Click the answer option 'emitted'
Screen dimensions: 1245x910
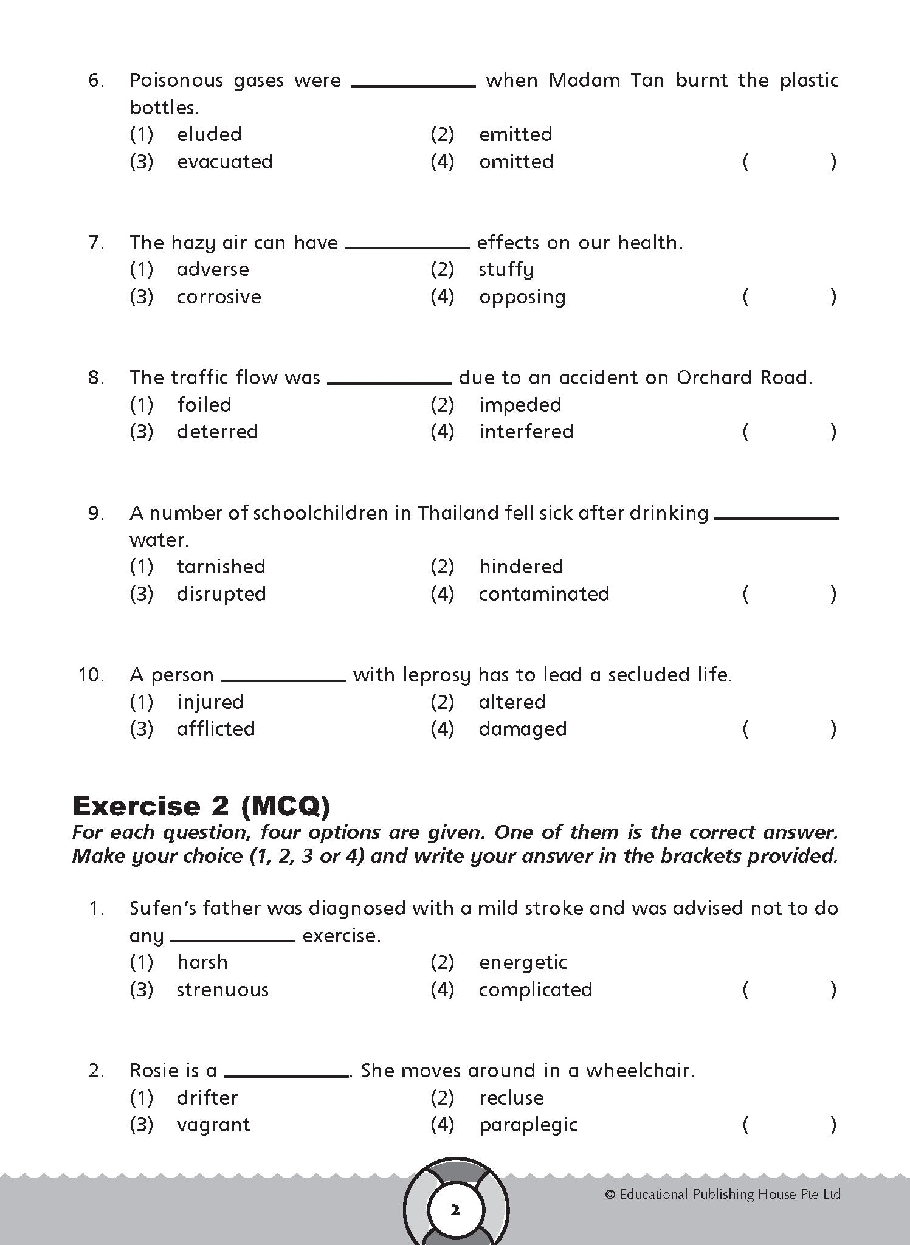click(x=515, y=134)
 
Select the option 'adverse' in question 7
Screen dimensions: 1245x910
click(x=213, y=269)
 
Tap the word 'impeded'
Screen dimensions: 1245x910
click(x=520, y=405)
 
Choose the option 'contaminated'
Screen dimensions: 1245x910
click(x=543, y=594)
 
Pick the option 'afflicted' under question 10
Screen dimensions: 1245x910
click(x=216, y=729)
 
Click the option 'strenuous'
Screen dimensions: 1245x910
click(x=222, y=990)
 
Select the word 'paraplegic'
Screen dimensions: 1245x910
click(x=528, y=1125)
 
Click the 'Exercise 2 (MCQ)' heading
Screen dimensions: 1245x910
click(x=201, y=806)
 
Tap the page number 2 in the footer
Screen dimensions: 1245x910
click(x=455, y=1210)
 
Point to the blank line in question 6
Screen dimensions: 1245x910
click(x=413, y=85)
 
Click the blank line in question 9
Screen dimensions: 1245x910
click(x=777, y=517)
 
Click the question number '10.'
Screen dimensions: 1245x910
click(x=91, y=675)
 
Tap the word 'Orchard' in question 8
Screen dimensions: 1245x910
click(x=715, y=378)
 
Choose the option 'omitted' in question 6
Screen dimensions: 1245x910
click(x=516, y=162)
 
